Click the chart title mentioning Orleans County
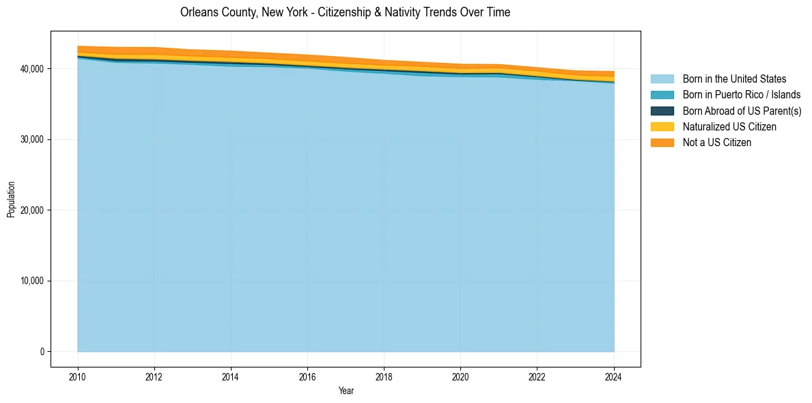345,12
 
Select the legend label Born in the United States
734,79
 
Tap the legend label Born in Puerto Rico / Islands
742,95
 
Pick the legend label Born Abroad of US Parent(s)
742,111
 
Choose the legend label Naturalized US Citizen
729,126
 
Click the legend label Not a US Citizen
717,142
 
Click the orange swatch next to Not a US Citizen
662,142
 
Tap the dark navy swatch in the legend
662,111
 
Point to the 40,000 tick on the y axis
32,69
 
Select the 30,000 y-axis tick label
32,139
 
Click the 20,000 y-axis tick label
32,210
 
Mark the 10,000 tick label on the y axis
32,281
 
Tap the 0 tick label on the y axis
42,352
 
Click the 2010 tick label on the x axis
78,376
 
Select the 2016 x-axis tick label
307,376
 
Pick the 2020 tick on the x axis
461,376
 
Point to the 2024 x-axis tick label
614,376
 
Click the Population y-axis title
11,199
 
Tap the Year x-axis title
346,391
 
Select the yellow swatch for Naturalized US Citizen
662,126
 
